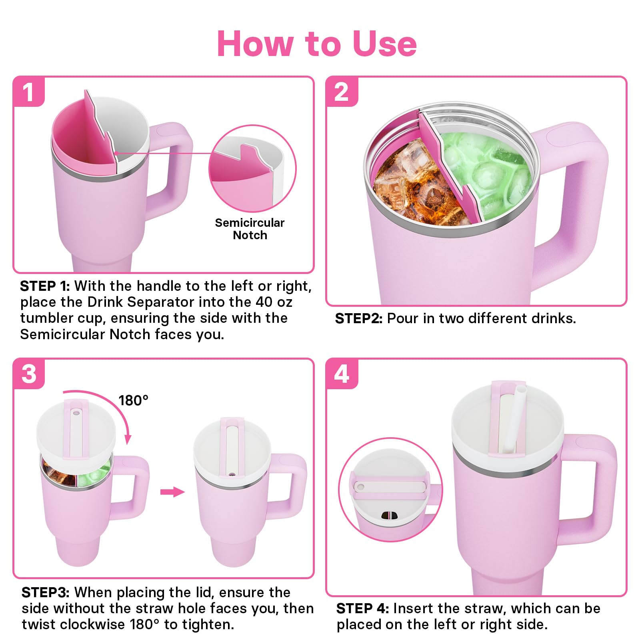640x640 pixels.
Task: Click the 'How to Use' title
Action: [x=317, y=44]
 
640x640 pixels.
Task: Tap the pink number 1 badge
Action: [x=28, y=92]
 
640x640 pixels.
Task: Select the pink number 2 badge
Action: [x=342, y=92]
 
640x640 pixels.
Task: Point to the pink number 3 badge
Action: [x=29, y=374]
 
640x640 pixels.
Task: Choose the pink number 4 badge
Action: [x=342, y=374]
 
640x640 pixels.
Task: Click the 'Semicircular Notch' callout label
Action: [x=250, y=229]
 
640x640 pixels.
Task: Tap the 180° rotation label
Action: [x=133, y=400]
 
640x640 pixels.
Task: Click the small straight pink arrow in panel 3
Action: [x=172, y=492]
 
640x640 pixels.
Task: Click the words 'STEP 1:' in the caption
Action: [x=45, y=286]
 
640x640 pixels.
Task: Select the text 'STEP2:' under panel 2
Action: [x=359, y=318]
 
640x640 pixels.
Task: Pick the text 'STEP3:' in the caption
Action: [x=46, y=592]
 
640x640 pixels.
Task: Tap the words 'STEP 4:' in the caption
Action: [x=362, y=608]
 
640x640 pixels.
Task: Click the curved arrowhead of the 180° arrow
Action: [x=128, y=439]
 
